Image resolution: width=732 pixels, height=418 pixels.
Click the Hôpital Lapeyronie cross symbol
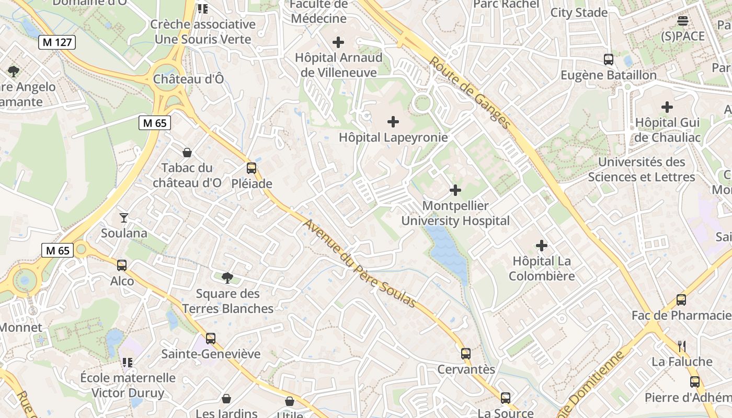[x=393, y=122]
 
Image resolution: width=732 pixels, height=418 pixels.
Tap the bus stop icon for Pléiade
[x=251, y=168]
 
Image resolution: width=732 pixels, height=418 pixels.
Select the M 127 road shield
[x=57, y=42]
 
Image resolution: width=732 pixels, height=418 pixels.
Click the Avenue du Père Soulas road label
[x=360, y=264]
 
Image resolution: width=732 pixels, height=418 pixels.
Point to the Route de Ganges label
[x=470, y=92]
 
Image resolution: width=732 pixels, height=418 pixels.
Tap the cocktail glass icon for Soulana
[x=124, y=217]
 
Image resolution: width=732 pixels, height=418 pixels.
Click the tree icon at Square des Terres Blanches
[x=227, y=277]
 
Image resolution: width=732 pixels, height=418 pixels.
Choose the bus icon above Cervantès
[x=466, y=354]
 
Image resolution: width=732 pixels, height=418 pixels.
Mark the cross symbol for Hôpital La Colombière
[x=542, y=245]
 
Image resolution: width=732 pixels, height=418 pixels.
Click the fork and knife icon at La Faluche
[x=682, y=346]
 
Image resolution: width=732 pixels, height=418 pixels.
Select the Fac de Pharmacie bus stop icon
[x=681, y=300]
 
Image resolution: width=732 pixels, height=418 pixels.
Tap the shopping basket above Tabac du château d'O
[x=187, y=153]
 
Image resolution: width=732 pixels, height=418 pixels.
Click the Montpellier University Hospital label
[x=455, y=213]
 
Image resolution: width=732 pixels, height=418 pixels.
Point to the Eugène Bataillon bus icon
[x=609, y=60]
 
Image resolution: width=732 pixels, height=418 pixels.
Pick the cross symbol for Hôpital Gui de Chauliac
[x=667, y=107]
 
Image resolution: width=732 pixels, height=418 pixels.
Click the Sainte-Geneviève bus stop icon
[x=210, y=339]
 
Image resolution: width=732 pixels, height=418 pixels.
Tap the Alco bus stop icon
[x=122, y=265]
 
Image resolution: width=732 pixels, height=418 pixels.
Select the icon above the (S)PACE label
[x=683, y=21]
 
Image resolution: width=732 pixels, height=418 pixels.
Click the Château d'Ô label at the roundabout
[x=188, y=79]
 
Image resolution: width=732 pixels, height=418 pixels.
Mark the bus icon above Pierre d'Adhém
[x=694, y=382]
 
